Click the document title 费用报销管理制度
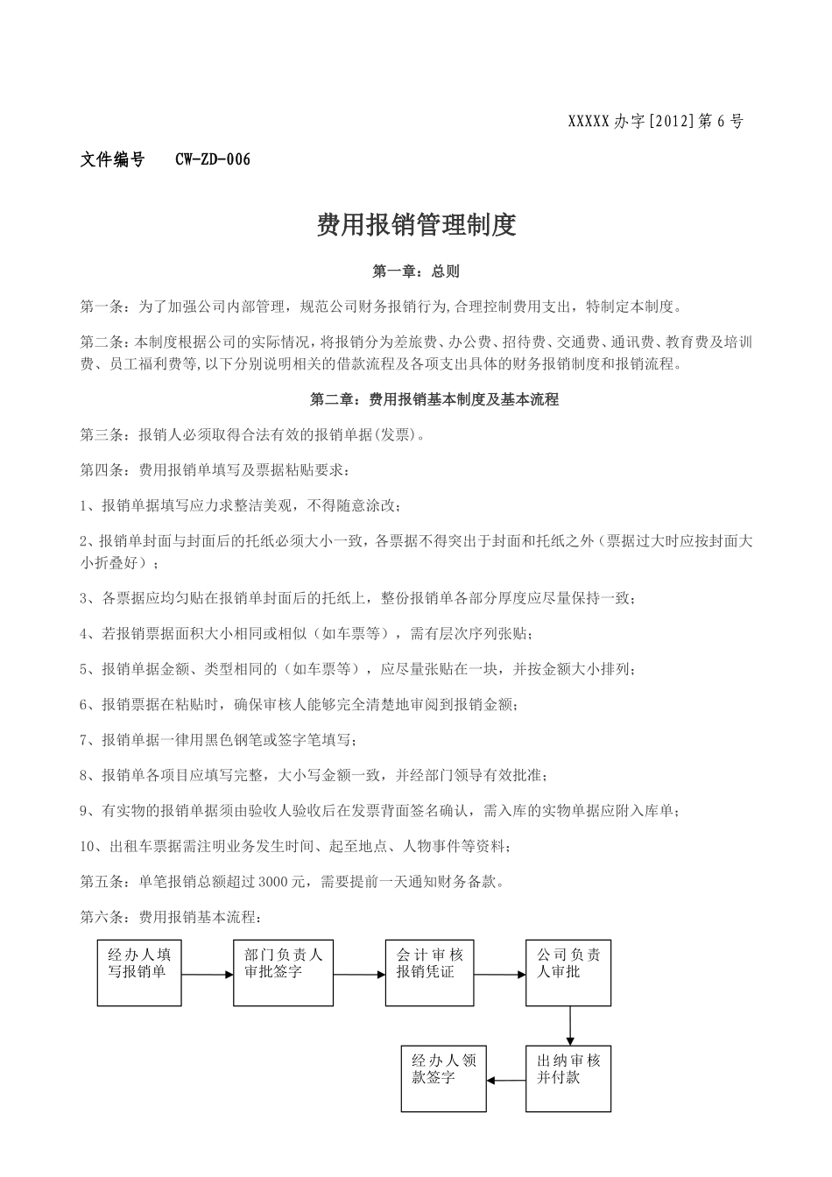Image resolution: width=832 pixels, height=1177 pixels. click(x=416, y=225)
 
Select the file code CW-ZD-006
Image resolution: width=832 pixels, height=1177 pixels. click(x=213, y=159)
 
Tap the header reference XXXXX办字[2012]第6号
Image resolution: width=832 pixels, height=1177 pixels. click(x=656, y=123)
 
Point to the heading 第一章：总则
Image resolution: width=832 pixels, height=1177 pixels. click(x=416, y=271)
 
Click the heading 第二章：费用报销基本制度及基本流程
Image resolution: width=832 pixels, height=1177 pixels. click(x=434, y=399)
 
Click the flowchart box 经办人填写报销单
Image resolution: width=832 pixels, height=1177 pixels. click(x=139, y=972)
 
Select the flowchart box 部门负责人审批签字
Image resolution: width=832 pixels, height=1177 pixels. click(x=283, y=972)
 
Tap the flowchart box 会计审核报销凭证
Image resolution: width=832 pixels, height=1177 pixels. click(x=429, y=972)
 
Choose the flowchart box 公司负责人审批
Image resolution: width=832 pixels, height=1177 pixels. click(x=568, y=972)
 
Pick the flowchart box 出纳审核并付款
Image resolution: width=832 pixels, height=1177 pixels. click(x=568, y=1078)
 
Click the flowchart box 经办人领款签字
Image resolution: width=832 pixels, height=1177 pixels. click(x=443, y=1078)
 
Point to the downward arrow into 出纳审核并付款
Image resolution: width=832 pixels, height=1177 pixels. click(x=569, y=1025)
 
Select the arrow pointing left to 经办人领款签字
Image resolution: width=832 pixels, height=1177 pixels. click(x=506, y=1080)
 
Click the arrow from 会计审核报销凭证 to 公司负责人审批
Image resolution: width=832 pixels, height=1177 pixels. click(x=499, y=974)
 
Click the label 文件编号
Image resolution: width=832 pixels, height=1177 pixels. click(x=112, y=159)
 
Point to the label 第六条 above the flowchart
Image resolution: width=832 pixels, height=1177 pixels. click(x=102, y=918)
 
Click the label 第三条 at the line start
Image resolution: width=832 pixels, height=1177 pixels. click(x=102, y=434)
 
